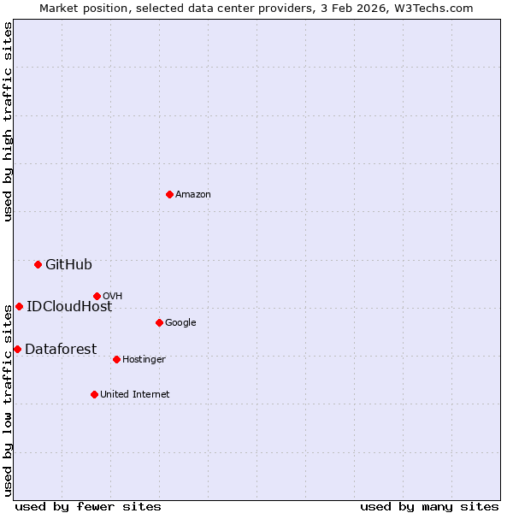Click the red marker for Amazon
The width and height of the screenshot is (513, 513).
(x=169, y=194)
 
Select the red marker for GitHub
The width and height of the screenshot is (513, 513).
(x=38, y=264)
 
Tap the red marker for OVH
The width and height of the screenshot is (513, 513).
(x=97, y=296)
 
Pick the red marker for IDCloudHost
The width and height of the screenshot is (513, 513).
(x=19, y=306)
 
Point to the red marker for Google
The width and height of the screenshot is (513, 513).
(x=159, y=322)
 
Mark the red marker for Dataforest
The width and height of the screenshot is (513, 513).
(x=17, y=349)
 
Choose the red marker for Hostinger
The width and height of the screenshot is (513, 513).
(x=116, y=359)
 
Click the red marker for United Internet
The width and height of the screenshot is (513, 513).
(x=94, y=394)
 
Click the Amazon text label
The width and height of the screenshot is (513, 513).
(x=193, y=195)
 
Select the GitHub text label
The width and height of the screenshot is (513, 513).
(x=68, y=265)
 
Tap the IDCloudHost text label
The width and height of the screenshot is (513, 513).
(x=69, y=307)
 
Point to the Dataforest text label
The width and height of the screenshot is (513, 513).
(x=61, y=349)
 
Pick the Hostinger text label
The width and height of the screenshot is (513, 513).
(x=144, y=360)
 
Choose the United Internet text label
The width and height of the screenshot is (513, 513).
(x=135, y=395)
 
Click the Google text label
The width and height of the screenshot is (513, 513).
(x=180, y=323)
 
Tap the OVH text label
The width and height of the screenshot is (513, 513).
(x=112, y=297)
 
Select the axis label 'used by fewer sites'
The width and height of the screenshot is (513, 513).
(x=88, y=506)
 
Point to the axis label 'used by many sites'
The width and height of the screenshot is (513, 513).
(x=429, y=506)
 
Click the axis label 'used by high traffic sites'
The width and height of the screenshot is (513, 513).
(x=8, y=121)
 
